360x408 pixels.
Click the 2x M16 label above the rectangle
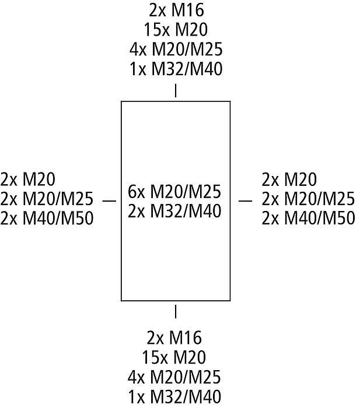coord(176,10)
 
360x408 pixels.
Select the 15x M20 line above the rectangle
coord(176,30)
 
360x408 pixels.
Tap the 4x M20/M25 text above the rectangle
coord(176,50)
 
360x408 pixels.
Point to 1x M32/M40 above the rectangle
coord(176,69)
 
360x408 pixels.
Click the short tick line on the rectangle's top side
coord(176,90)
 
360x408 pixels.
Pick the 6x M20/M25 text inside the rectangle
coord(174,192)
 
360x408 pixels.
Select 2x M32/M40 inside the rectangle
coord(174,211)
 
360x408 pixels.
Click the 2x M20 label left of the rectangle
coord(28,180)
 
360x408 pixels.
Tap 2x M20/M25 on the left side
coord(47,199)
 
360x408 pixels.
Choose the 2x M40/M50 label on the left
coord(47,219)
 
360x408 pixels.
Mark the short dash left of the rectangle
coord(109,201)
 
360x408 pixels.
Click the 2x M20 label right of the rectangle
coord(289,180)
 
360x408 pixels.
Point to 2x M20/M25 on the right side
coord(308,199)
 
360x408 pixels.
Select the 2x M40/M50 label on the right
coord(308,219)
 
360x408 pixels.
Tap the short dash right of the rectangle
coord(246,201)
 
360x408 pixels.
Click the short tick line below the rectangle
coord(176,312)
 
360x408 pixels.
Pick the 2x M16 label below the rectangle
coord(174,337)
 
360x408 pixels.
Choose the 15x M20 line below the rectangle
coord(174,357)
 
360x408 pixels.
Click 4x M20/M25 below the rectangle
coord(174,377)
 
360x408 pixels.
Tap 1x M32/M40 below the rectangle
coord(174,396)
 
